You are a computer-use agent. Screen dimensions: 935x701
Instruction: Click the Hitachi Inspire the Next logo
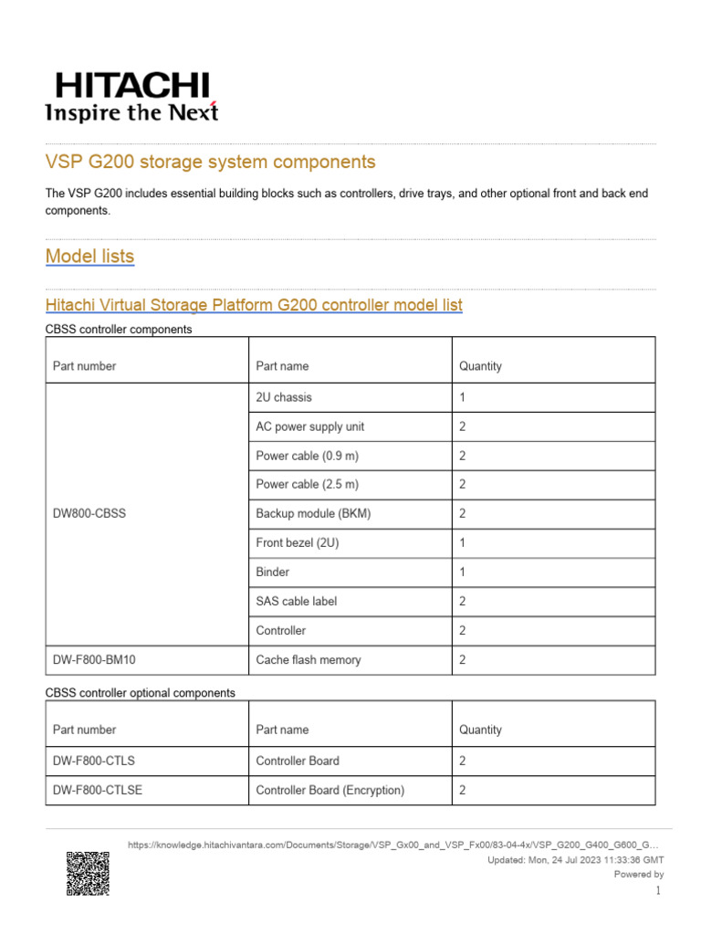pyautogui.click(x=131, y=97)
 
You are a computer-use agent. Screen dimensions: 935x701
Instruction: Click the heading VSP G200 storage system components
pyautogui.click(x=210, y=163)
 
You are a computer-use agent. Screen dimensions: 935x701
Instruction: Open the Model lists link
pyautogui.click(x=89, y=257)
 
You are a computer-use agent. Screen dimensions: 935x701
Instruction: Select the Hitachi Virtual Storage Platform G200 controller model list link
pyautogui.click(x=254, y=305)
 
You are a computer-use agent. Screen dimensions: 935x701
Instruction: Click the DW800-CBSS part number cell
pyautogui.click(x=89, y=514)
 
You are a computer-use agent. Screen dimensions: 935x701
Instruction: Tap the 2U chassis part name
pyautogui.click(x=284, y=398)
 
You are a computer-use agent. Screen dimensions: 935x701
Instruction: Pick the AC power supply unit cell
pyautogui.click(x=309, y=427)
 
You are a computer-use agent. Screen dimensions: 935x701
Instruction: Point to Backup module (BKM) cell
pyautogui.click(x=313, y=514)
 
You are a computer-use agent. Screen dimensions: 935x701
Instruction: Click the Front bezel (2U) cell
pyautogui.click(x=298, y=543)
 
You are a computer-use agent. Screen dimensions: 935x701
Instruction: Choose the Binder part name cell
pyautogui.click(x=273, y=573)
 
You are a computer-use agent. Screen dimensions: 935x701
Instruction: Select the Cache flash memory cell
pyautogui.click(x=308, y=660)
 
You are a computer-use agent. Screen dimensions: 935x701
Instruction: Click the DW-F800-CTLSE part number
pyautogui.click(x=98, y=790)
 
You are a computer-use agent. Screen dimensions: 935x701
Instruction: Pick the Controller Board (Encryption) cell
pyautogui.click(x=330, y=790)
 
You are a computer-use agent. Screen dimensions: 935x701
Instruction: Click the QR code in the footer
pyautogui.click(x=88, y=874)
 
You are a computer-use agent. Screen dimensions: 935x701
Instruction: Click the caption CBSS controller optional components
pyautogui.click(x=140, y=693)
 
